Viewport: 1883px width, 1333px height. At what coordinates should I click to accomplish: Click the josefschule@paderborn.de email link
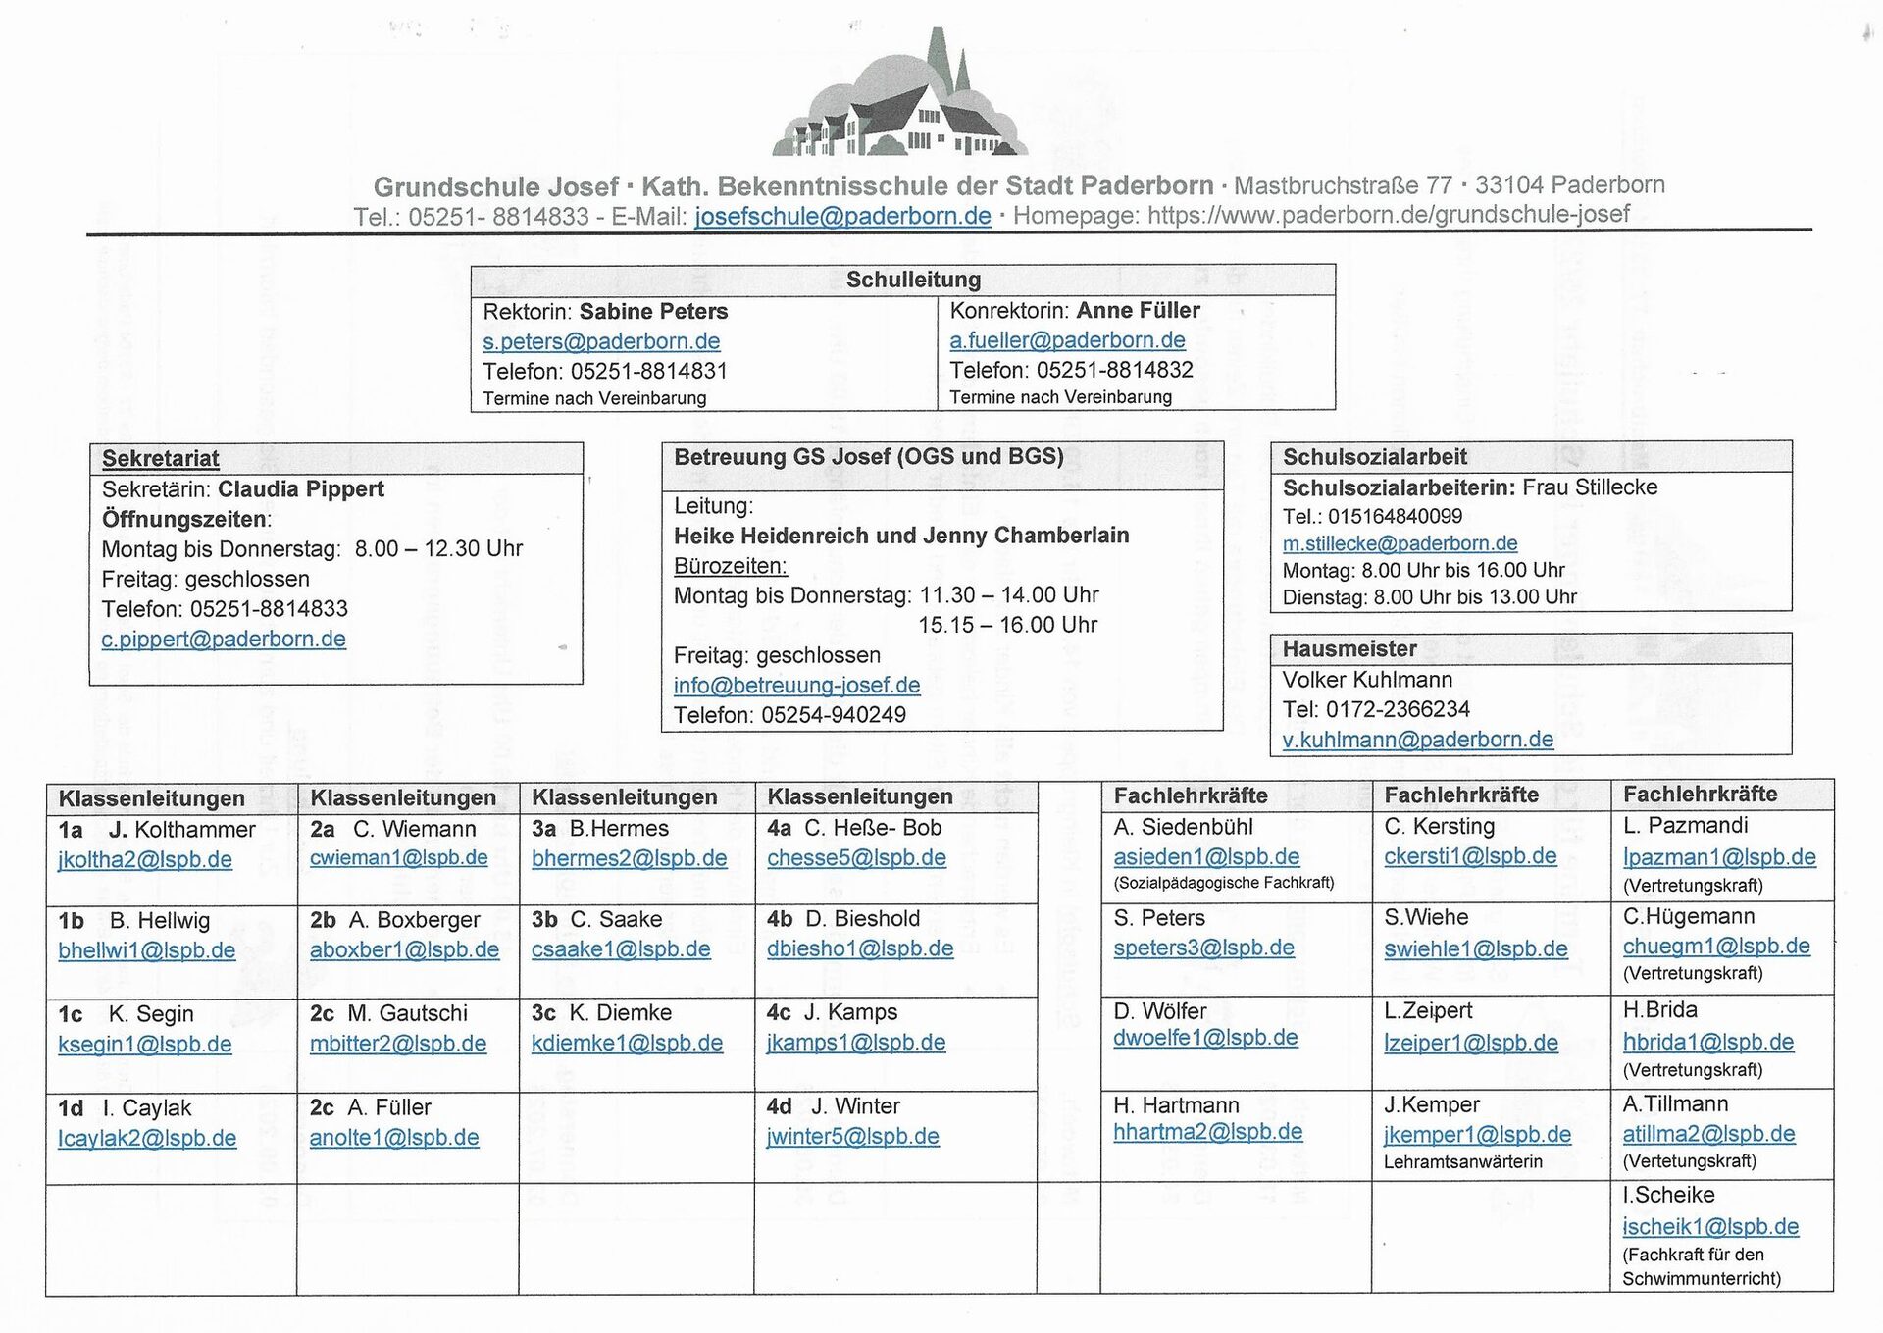pos(842,216)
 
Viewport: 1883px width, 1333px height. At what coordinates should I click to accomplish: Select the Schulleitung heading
pos(913,280)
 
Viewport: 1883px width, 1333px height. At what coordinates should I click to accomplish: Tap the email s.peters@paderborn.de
pos(601,341)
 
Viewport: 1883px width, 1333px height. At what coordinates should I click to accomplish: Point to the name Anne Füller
pos(1138,311)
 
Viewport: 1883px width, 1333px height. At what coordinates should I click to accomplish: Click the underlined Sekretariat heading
pos(160,458)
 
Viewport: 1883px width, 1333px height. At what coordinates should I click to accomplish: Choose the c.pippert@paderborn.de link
pos(224,639)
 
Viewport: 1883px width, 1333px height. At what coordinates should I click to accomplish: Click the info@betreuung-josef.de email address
pos(796,685)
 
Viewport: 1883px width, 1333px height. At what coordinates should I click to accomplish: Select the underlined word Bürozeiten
pos(730,566)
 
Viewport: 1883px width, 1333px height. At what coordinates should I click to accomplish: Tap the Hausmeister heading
pos(1349,648)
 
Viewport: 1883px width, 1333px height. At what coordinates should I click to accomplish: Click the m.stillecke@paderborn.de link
pos(1400,543)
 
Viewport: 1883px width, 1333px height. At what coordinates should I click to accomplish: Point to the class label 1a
pos(71,830)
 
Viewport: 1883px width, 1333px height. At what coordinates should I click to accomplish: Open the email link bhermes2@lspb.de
pos(629,858)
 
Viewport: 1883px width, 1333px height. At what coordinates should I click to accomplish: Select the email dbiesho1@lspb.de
pos(859,948)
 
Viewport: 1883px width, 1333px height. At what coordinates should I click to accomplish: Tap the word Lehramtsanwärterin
pos(1462,1162)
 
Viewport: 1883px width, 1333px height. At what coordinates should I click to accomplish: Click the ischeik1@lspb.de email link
pos(1710,1226)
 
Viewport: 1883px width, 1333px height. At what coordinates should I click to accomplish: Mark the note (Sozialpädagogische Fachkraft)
pos(1223,883)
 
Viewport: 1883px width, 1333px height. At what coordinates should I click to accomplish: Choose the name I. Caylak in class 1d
pos(147,1108)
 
